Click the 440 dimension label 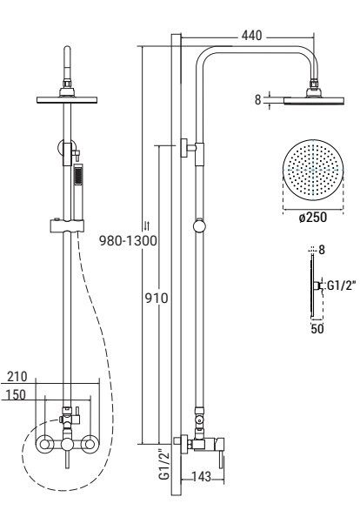coord(251,36)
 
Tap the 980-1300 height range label coord(128,241)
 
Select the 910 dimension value coord(157,299)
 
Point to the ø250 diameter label coord(313,218)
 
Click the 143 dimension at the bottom coord(201,476)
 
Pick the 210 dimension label coord(17,377)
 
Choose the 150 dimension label coord(15,394)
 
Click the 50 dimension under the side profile coord(317,329)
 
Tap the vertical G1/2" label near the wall coord(164,464)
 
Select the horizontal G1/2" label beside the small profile coord(341,285)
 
